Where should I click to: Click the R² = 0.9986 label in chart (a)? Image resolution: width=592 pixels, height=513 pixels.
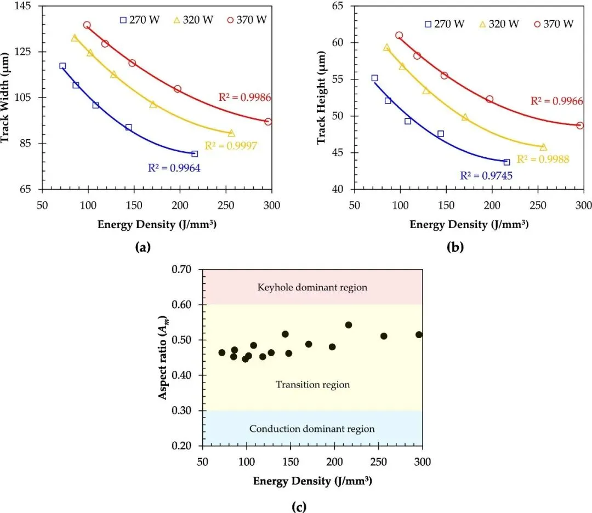245,98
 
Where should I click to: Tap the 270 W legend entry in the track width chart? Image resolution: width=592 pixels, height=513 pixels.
140,20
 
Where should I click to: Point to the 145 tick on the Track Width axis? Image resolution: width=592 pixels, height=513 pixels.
20,6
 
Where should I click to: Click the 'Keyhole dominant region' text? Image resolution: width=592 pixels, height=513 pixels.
312,287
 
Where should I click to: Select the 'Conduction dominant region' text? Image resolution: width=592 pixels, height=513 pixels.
312,429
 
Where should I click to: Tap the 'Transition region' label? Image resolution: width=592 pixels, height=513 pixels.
312,385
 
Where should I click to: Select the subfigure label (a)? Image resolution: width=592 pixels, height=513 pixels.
143,247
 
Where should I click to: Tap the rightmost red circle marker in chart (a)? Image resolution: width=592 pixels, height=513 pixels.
268,122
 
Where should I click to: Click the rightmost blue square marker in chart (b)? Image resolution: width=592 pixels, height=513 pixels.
506,162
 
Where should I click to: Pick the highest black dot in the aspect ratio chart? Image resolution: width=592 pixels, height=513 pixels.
348,325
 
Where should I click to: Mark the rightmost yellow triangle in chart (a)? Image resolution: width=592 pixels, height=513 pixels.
231,133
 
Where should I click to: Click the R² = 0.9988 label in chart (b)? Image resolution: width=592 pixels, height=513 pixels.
543,159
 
